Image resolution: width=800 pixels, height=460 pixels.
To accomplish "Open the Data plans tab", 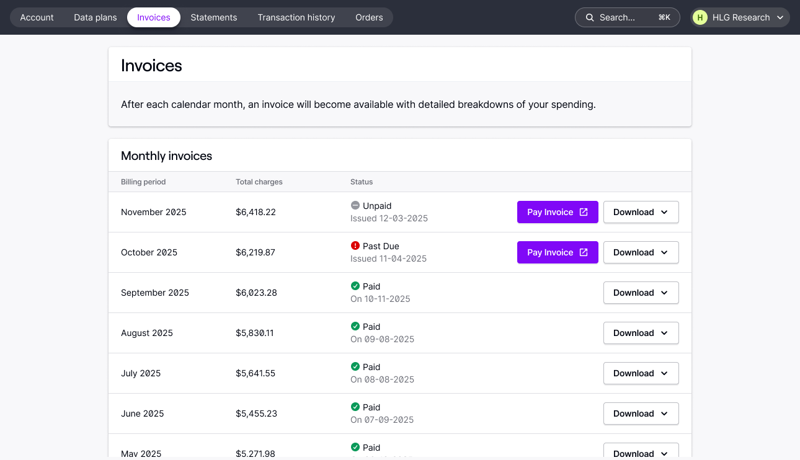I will point(96,17).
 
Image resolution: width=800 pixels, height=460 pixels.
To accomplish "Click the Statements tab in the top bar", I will point(214,17).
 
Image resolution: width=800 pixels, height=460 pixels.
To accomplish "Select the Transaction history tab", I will point(296,17).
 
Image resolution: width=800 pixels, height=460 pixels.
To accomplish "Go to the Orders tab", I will point(369,17).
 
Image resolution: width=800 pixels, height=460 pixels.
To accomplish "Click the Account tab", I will point(37,17).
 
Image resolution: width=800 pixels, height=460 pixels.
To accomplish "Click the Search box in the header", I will point(627,17).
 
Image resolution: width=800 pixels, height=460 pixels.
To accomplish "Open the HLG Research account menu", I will point(740,17).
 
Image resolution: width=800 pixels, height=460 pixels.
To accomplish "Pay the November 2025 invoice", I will point(558,212).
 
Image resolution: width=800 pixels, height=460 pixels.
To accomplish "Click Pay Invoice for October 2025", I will point(558,252).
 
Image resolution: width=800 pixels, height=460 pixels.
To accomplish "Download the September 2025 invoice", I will point(641,293).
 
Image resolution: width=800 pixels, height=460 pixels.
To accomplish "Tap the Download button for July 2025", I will point(641,373).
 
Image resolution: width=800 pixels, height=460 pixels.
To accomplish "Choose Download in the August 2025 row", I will point(641,333).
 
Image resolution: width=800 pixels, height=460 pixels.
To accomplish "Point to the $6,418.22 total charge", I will point(256,212).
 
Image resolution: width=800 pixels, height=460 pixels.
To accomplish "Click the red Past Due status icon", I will point(355,246).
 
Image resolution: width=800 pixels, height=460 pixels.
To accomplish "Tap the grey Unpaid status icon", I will point(355,206).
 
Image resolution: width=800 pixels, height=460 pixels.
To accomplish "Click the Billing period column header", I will point(143,182).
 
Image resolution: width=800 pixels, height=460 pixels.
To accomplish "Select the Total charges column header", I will point(259,182).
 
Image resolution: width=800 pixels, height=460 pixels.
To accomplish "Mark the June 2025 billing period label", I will point(143,414).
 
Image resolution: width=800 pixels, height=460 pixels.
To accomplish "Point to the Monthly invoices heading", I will point(166,156).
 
